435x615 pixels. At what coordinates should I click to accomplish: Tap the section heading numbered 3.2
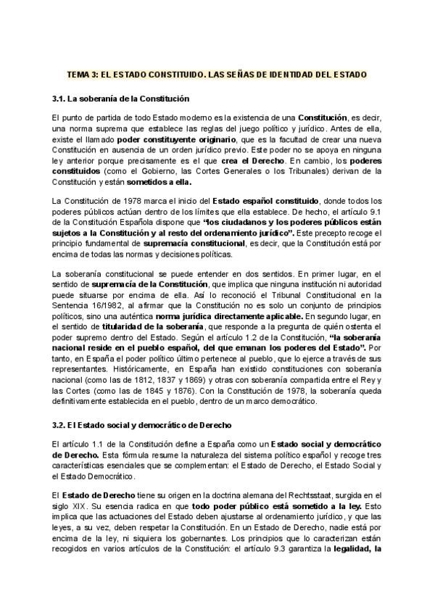coord(131,424)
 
